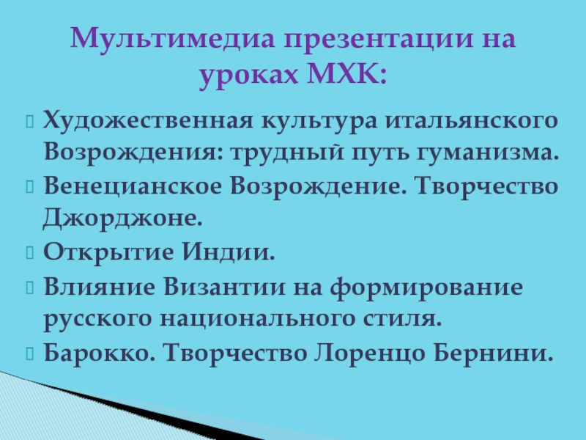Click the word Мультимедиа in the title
pyautogui.click(x=172, y=39)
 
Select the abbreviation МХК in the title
pyautogui.click(x=346, y=74)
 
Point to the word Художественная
pyautogui.click(x=148, y=121)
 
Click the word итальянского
pyautogui.click(x=471, y=121)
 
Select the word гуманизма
pyautogui.click(x=488, y=153)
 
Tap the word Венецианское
pyautogui.click(x=133, y=186)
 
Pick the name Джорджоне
pyautogui.click(x=122, y=218)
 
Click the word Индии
pyautogui.click(x=229, y=252)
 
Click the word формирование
pyautogui.click(x=426, y=287)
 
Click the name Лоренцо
pyautogui.click(x=370, y=353)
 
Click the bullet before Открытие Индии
pyautogui.click(x=30, y=252)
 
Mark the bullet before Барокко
pyautogui.click(x=30, y=353)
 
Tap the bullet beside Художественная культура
pyautogui.click(x=30, y=122)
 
